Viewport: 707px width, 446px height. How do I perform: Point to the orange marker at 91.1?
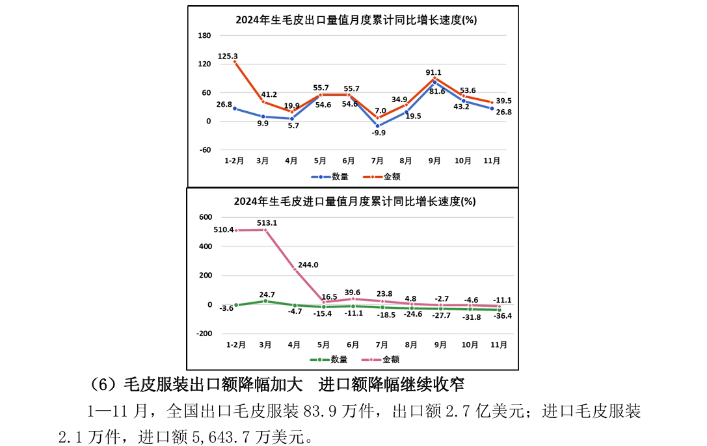(x=434, y=78)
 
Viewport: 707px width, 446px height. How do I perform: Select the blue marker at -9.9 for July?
(x=377, y=125)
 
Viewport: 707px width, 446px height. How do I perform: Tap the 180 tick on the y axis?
(x=204, y=36)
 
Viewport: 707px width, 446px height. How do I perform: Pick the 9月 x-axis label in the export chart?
(x=434, y=160)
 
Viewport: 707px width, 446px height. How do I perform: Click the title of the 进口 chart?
(x=354, y=202)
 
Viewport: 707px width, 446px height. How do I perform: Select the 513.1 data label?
(x=267, y=222)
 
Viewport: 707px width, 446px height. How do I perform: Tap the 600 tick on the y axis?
(x=206, y=217)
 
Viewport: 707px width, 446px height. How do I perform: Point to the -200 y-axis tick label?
(x=204, y=334)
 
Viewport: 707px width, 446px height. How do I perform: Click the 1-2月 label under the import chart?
(x=235, y=344)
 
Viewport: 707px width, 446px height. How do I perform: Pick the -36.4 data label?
(x=501, y=317)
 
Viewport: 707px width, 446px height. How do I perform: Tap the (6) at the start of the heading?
(x=102, y=384)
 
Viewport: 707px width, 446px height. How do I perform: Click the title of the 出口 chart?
(x=356, y=20)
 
